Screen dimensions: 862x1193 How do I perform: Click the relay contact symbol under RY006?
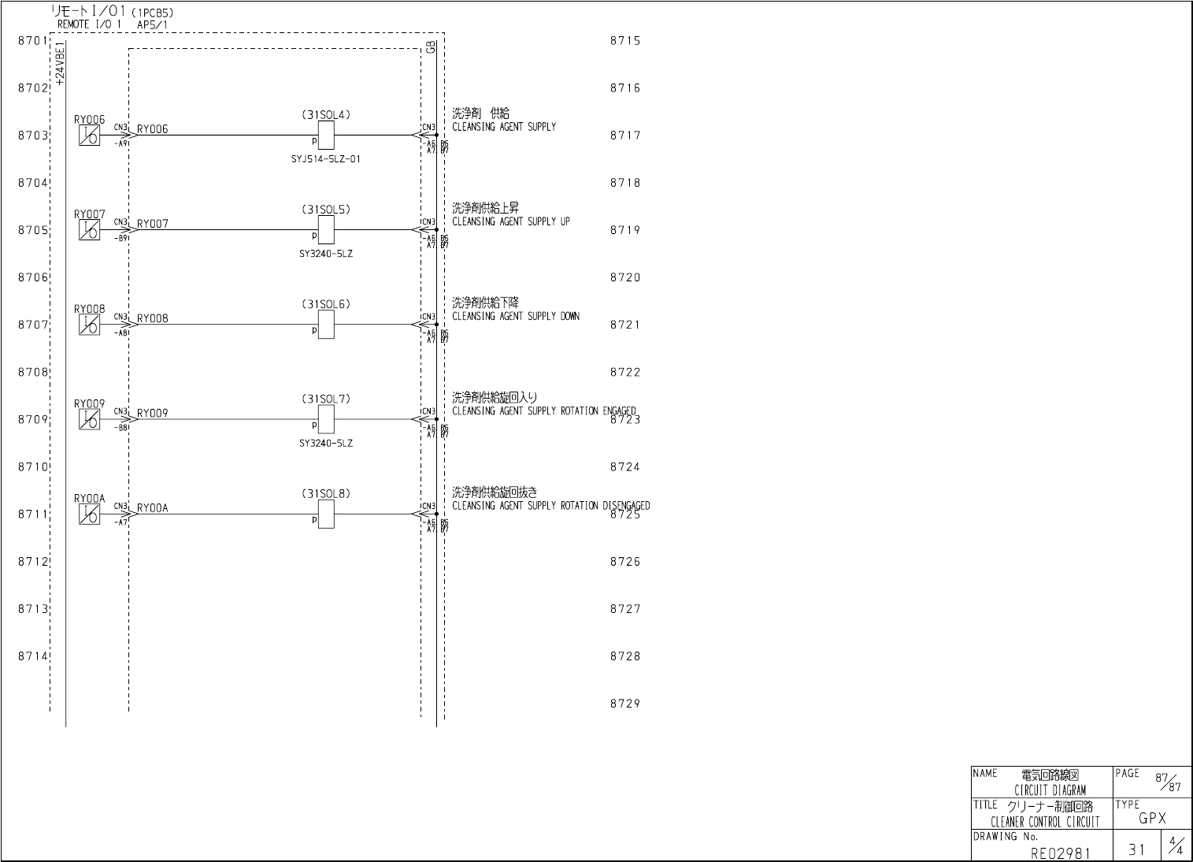click(x=89, y=136)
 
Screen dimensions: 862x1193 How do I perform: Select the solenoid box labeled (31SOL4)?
click(x=325, y=136)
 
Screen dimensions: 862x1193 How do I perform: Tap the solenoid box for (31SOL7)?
click(x=325, y=419)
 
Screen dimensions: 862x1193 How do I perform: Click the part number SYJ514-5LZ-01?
click(x=326, y=159)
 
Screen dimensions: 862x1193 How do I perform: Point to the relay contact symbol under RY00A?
click(x=89, y=515)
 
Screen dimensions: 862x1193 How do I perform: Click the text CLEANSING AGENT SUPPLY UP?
click(x=510, y=222)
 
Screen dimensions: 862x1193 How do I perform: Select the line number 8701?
click(x=33, y=40)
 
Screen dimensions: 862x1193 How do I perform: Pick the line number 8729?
click(x=625, y=704)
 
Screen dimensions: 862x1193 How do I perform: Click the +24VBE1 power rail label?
click(x=61, y=63)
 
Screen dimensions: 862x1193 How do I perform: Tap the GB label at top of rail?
click(x=430, y=47)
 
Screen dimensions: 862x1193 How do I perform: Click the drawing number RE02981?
click(x=1061, y=852)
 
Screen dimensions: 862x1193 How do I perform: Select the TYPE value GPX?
click(x=1152, y=819)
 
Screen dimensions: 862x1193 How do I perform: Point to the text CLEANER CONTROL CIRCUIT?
click(x=1045, y=823)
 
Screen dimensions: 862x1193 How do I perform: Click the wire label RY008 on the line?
click(x=153, y=318)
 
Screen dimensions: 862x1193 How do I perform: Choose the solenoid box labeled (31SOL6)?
click(x=325, y=325)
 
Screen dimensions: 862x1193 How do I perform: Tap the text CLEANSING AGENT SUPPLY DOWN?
click(x=515, y=317)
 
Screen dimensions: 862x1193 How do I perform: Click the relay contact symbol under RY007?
click(x=89, y=231)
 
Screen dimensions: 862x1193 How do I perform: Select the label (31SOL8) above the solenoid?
click(x=325, y=494)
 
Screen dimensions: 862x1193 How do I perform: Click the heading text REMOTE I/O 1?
click(x=89, y=24)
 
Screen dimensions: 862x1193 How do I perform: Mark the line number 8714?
click(x=33, y=656)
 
